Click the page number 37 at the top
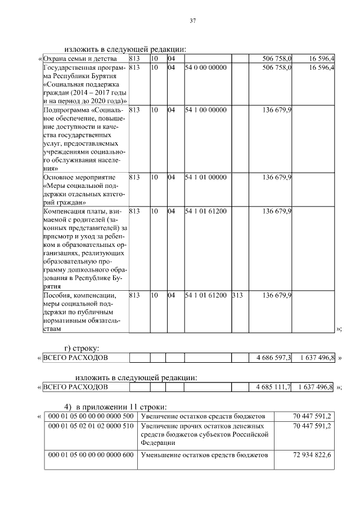pos(192,21)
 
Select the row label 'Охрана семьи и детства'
pos(80,58)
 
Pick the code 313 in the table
pos(237,295)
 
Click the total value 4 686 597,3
pos(273,358)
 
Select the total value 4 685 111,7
pos(273,387)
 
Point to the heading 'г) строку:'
pos(82,348)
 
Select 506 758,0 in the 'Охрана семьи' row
pos(277,58)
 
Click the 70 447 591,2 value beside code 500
pos(312,416)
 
